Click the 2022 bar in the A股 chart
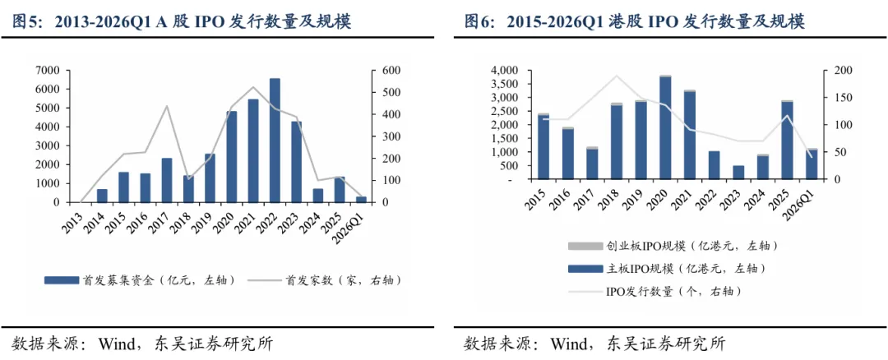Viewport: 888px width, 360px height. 275,141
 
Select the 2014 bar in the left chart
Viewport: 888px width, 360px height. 102,196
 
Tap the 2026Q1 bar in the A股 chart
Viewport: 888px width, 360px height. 361,199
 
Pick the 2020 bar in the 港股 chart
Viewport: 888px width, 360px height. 665,127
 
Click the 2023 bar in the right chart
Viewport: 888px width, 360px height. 738,173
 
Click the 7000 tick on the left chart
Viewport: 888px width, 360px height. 48,70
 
